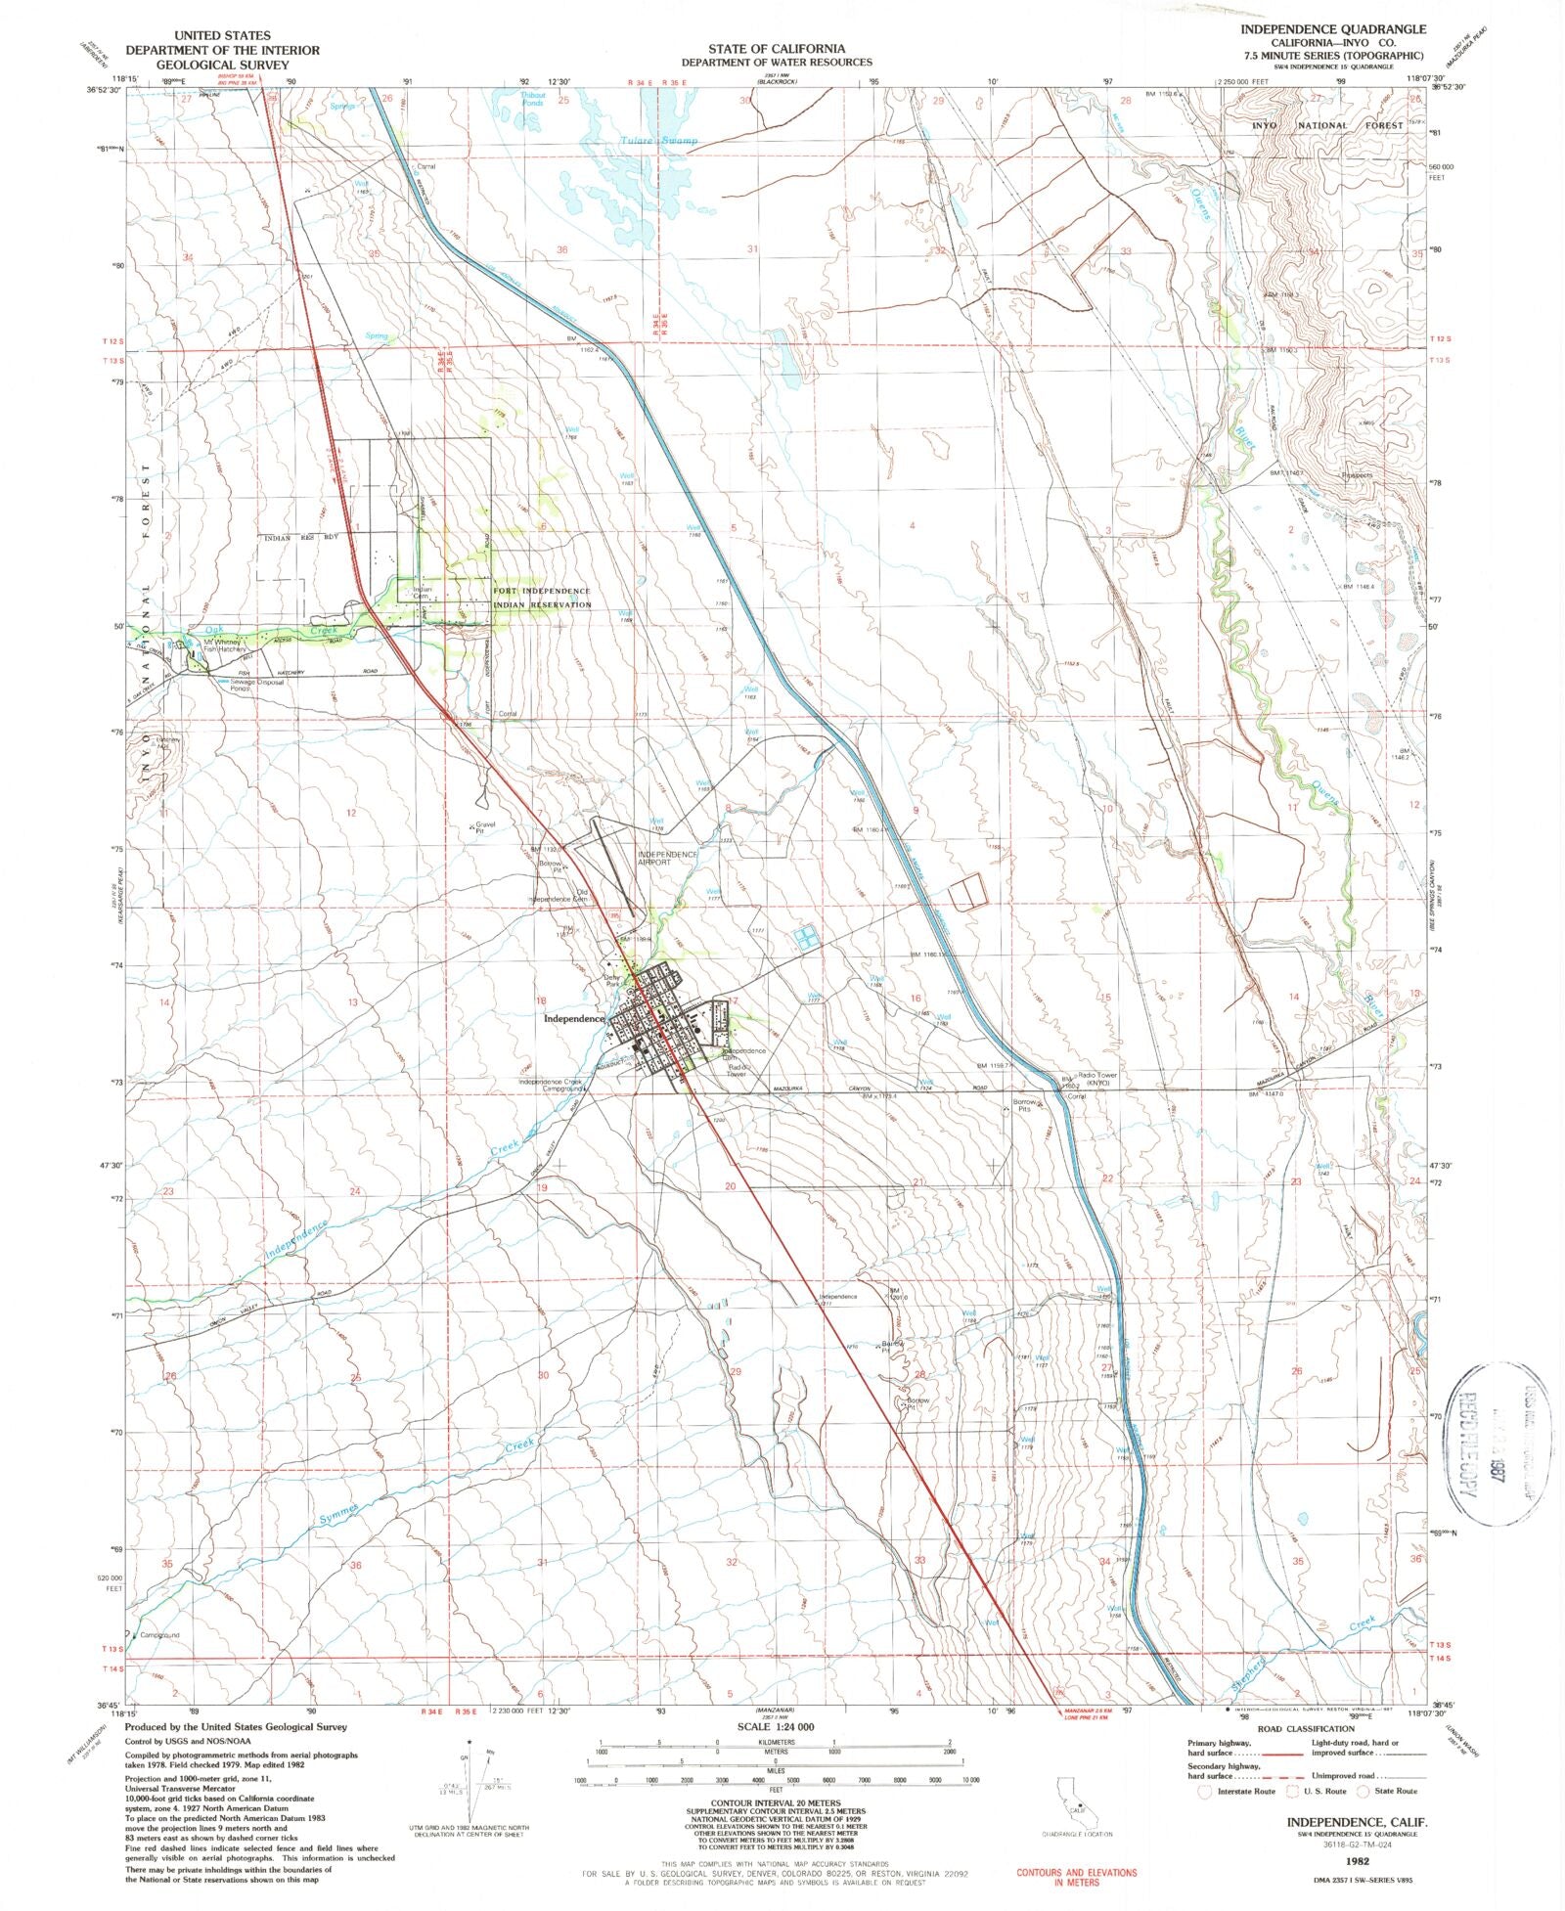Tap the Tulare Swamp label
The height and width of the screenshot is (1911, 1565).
[x=660, y=142]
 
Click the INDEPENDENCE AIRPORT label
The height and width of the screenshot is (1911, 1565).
[x=668, y=859]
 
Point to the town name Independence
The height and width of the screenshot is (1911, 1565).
[x=574, y=1018]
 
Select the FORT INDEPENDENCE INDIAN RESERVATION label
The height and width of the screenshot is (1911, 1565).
[x=542, y=598]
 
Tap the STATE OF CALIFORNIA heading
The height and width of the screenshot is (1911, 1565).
[x=778, y=48]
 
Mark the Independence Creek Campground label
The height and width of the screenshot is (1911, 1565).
[x=553, y=1085]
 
